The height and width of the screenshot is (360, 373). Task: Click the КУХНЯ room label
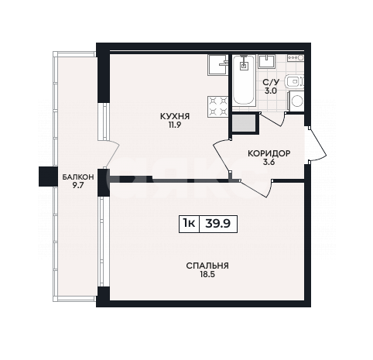point(175,116)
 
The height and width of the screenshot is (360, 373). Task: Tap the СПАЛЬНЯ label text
point(207,266)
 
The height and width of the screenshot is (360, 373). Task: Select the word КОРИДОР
point(269,153)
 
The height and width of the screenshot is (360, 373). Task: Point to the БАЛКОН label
point(78,177)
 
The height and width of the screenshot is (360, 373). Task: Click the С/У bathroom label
point(271,82)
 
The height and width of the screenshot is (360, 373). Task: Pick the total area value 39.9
point(217,223)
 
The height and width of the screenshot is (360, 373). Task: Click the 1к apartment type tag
point(189,223)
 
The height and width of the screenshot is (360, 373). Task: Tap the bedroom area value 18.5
point(207,275)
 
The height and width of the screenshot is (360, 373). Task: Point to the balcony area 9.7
point(78,186)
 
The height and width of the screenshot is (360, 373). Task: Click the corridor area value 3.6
point(269,163)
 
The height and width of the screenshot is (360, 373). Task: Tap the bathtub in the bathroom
point(244,81)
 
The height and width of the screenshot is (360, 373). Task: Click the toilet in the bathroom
point(295,81)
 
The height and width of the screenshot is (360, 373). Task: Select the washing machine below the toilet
point(296,101)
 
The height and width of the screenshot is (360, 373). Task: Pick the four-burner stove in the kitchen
point(217,107)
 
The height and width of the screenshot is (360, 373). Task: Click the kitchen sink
point(218,65)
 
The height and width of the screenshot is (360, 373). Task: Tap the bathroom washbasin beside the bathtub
point(267,61)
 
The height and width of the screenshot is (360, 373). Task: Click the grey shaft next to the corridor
point(244,123)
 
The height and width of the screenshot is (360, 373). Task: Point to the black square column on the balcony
point(48,177)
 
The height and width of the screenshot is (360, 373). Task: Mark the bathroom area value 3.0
point(271,91)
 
